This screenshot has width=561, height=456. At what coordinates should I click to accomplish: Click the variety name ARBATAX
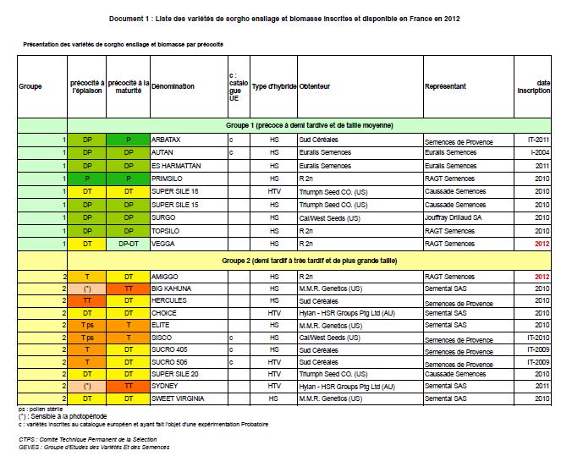[x=166, y=140]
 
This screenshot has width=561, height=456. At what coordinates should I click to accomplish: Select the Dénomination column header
[x=173, y=86]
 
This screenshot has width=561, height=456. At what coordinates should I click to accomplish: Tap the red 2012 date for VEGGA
[x=542, y=244]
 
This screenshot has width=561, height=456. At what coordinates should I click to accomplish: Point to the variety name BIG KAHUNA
[x=171, y=288]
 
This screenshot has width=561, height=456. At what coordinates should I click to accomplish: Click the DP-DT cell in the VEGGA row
[x=129, y=244]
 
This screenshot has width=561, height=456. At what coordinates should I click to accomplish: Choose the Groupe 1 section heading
[x=309, y=125]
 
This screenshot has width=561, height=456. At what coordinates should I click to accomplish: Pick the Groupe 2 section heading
[x=309, y=261]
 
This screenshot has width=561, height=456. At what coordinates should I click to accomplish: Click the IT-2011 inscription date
[x=538, y=140]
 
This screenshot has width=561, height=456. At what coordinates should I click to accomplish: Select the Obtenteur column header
[x=315, y=86]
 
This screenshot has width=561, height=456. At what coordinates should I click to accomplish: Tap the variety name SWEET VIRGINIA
[x=178, y=398]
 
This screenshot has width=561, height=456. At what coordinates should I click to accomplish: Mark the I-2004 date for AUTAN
[x=540, y=152]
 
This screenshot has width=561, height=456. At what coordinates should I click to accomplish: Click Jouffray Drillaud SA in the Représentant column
[x=453, y=217]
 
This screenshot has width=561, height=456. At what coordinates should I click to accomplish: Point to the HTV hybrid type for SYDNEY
[x=274, y=386]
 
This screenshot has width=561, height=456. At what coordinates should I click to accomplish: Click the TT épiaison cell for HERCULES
[x=87, y=301]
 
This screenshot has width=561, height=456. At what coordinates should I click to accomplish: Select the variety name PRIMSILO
[x=167, y=179]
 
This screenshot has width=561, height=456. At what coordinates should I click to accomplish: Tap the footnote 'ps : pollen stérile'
[x=41, y=409]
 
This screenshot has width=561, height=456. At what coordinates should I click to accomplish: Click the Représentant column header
[x=445, y=86]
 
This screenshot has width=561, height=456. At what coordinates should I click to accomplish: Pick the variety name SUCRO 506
[x=169, y=362]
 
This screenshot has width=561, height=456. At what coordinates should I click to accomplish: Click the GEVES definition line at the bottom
[x=94, y=447]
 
